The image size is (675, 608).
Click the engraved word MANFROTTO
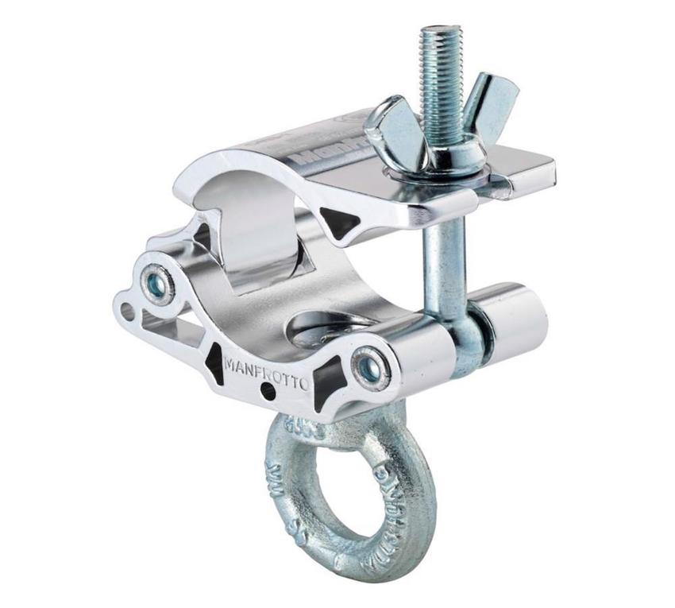click(266, 371)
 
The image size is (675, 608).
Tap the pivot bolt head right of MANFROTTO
click(370, 367)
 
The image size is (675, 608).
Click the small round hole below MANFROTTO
click(269, 392)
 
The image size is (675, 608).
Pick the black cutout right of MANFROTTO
click(327, 379)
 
